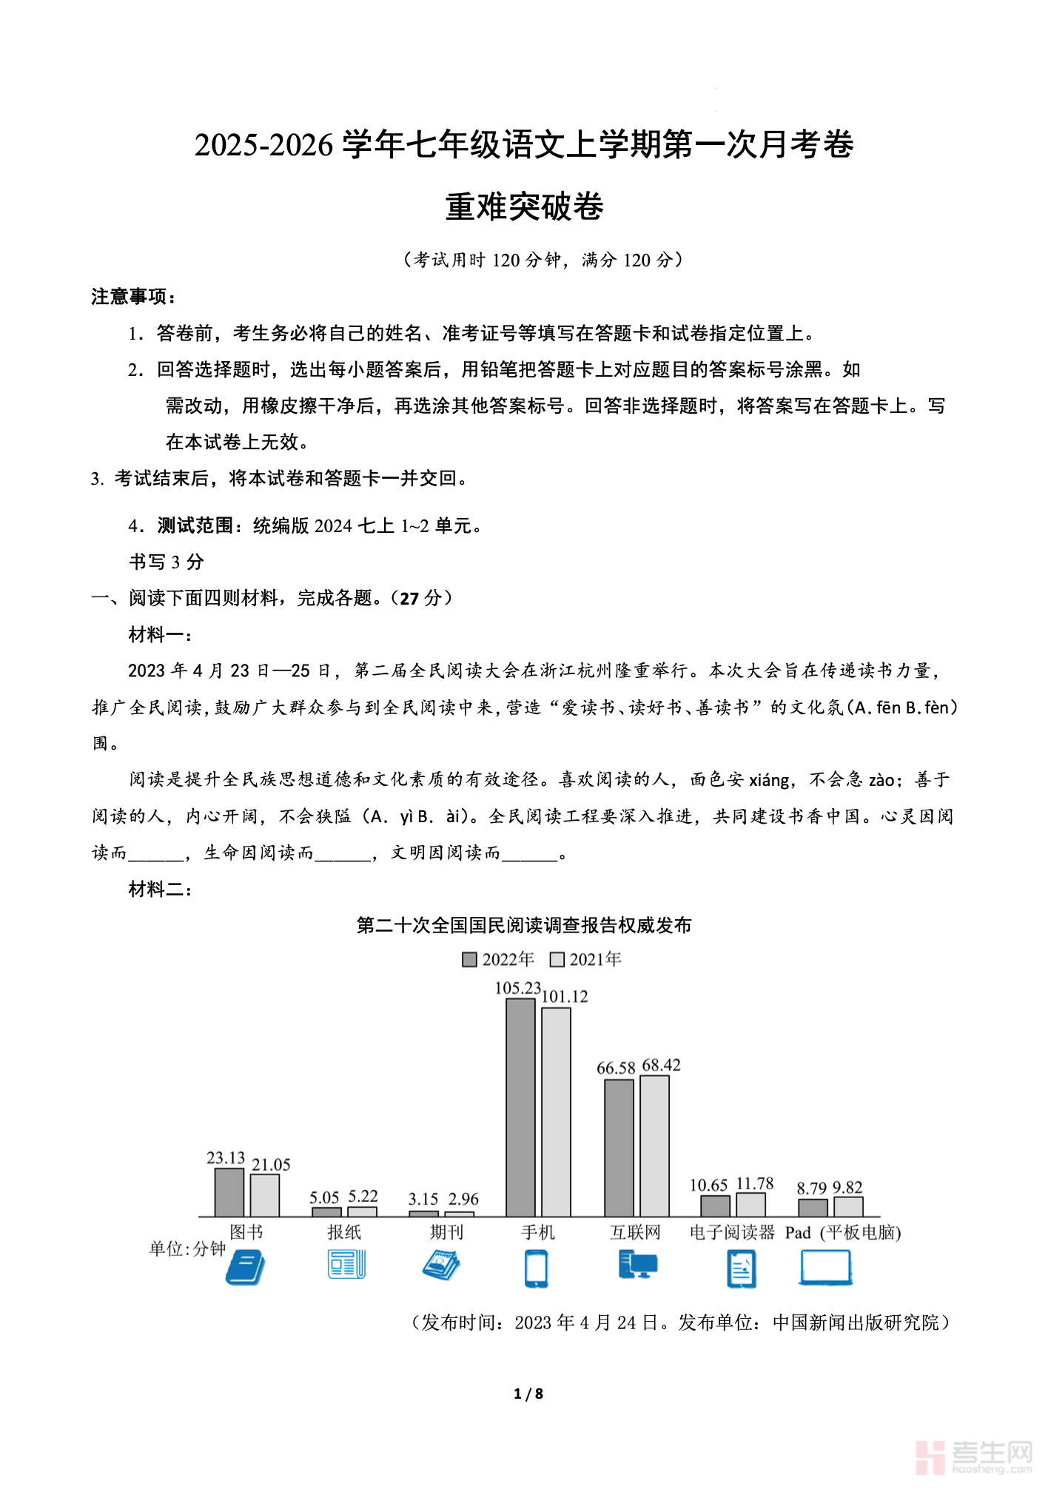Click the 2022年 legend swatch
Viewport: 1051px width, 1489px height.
469,960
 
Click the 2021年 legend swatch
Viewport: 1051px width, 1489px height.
557,960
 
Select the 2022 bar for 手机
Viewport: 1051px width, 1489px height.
520,1107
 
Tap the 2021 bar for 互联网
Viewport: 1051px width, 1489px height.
654,1146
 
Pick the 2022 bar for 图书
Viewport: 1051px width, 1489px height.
229,1192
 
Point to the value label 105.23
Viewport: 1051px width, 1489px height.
517,988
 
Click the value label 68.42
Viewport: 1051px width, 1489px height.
661,1065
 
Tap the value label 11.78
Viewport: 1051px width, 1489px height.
754,1183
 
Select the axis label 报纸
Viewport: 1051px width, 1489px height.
344,1232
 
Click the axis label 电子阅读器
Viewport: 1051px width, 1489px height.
731,1232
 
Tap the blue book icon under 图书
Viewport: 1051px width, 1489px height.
245,1267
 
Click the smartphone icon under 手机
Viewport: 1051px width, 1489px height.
536,1268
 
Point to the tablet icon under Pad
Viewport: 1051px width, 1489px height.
825,1267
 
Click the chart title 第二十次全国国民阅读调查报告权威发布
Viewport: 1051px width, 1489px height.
524,926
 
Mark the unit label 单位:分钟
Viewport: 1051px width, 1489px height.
187,1249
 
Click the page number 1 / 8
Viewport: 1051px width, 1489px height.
528,1394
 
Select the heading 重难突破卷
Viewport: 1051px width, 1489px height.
524,206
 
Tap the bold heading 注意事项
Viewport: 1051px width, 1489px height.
133,297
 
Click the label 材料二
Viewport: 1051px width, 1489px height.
160,889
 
